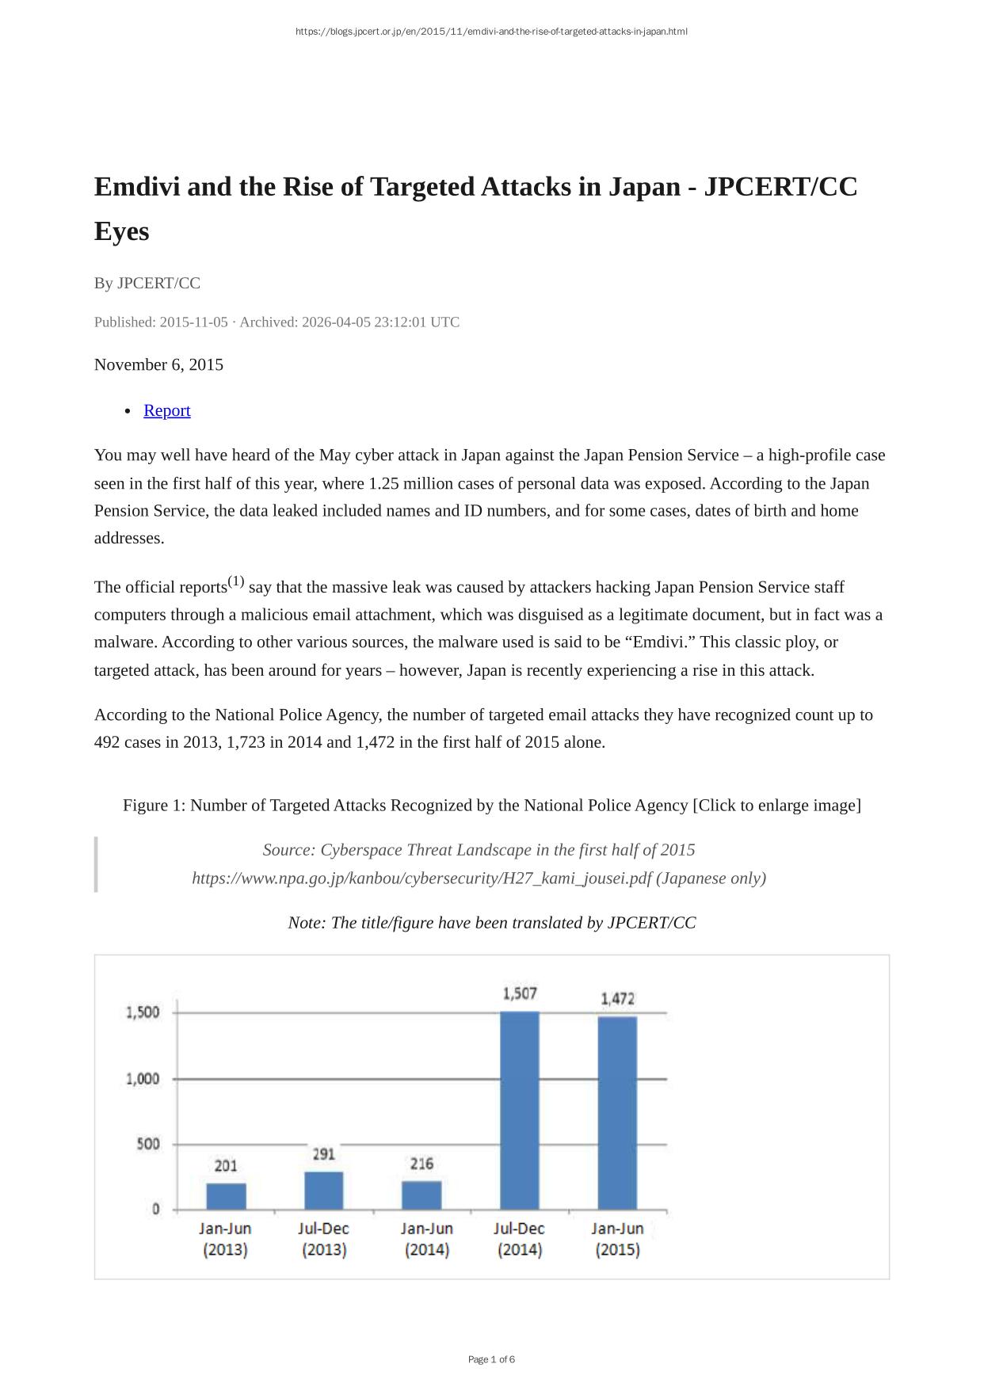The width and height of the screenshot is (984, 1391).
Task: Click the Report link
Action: pyautogui.click(x=166, y=410)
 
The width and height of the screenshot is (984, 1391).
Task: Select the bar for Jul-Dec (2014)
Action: pyautogui.click(x=520, y=1109)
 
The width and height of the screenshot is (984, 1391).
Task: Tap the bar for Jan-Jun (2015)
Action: pyautogui.click(x=617, y=1112)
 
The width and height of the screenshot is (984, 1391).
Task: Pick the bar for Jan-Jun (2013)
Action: pyautogui.click(x=226, y=1196)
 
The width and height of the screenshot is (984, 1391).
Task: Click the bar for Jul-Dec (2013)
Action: pyautogui.click(x=324, y=1190)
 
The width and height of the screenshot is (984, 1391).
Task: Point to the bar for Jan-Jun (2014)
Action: pyautogui.click(x=421, y=1195)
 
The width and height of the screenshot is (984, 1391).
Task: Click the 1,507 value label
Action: pyautogui.click(x=520, y=993)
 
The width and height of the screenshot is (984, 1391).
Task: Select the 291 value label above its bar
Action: pyautogui.click(x=324, y=1154)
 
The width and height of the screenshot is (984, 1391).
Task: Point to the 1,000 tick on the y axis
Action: pyautogui.click(x=143, y=1079)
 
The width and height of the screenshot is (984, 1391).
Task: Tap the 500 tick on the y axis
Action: pyautogui.click(x=147, y=1144)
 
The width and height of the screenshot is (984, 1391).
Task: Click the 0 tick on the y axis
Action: pyautogui.click(x=155, y=1209)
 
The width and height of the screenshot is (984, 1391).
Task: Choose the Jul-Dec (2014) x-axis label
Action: pyautogui.click(x=520, y=1239)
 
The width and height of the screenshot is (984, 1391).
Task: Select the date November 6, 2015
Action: pyautogui.click(x=158, y=364)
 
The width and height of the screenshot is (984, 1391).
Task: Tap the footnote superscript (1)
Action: pyautogui.click(x=236, y=581)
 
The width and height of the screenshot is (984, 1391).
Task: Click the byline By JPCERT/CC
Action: pyautogui.click(x=147, y=283)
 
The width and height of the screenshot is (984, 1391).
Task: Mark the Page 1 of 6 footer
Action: pyautogui.click(x=491, y=1359)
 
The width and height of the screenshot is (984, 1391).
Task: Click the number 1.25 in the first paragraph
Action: pyautogui.click(x=384, y=483)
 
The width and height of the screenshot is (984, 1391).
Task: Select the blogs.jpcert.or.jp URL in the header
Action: pyautogui.click(x=491, y=32)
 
